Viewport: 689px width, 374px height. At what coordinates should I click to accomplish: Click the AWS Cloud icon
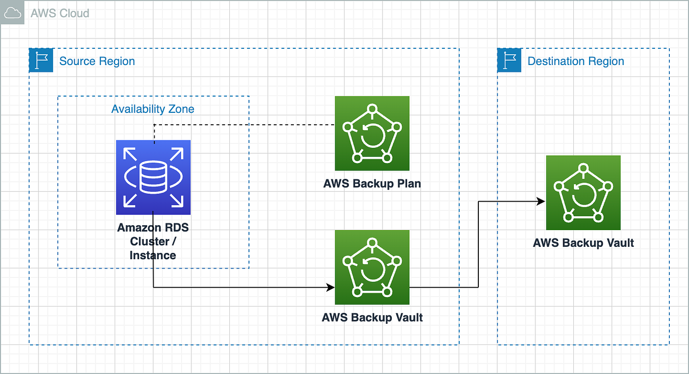12,12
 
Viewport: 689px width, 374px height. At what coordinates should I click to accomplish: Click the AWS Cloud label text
60,13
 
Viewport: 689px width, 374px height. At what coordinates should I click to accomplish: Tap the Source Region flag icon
41,60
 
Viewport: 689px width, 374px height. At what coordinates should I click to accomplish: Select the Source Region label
97,61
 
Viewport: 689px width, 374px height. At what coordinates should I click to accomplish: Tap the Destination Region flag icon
509,60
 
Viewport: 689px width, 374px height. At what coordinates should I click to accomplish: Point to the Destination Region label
576,61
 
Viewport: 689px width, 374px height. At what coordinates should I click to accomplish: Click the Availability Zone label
153,109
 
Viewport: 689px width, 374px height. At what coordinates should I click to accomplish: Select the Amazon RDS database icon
153,177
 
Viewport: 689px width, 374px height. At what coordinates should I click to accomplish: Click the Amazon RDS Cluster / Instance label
153,241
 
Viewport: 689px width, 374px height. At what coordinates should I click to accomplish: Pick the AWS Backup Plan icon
372,134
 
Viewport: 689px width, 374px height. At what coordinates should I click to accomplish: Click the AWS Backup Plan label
372,184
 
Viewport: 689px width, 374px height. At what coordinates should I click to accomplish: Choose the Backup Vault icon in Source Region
372,268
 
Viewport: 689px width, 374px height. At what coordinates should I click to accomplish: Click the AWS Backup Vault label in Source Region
372,317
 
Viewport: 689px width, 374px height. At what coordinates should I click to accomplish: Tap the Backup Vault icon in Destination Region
584,193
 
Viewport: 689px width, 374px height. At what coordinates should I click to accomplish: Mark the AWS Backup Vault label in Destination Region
584,243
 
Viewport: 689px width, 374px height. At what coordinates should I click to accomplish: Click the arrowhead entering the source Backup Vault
331,287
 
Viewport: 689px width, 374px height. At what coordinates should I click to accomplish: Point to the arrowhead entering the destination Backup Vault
541,202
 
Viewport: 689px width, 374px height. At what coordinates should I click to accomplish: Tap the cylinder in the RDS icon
153,177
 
